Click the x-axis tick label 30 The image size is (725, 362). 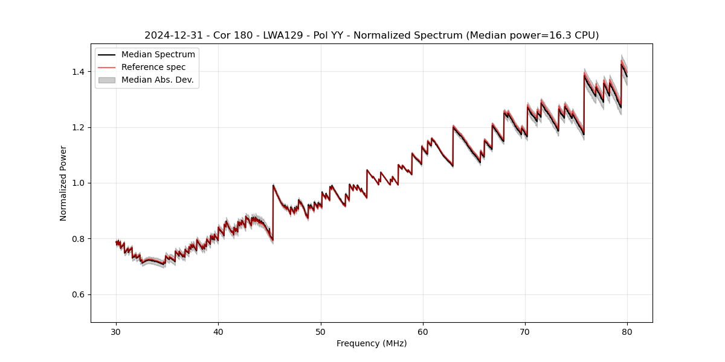(116, 332)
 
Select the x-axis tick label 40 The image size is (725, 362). (218, 332)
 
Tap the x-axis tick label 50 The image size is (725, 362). (321, 332)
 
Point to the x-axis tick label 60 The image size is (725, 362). (423, 332)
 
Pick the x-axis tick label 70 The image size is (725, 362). (525, 332)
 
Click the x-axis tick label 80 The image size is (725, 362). (627, 332)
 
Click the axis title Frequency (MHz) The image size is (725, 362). (372, 343)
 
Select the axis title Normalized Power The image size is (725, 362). (63, 183)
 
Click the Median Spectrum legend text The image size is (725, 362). (158, 55)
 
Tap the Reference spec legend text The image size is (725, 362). (153, 67)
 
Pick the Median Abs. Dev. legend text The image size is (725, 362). (157, 80)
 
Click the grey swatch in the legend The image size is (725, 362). (106, 80)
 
